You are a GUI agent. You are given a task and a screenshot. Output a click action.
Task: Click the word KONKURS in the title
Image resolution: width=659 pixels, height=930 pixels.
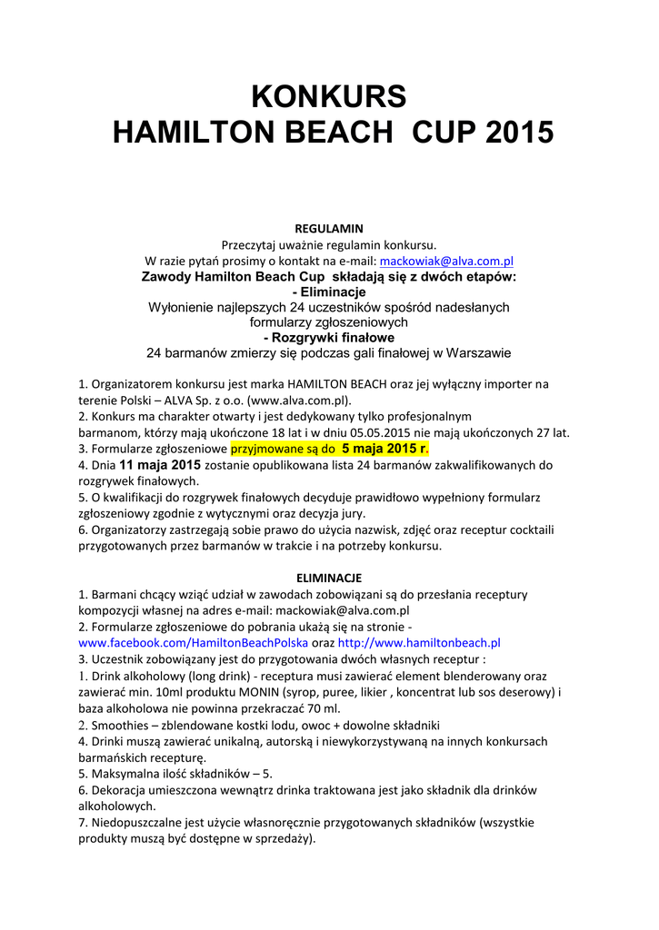tap(329, 95)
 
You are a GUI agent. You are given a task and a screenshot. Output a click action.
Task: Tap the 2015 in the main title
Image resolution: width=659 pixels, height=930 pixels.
tap(519, 133)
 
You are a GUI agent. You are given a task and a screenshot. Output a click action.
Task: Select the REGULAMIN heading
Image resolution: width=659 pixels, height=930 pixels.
tap(329, 228)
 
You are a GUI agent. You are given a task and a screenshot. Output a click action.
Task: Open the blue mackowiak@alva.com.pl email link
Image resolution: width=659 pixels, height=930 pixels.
tap(446, 261)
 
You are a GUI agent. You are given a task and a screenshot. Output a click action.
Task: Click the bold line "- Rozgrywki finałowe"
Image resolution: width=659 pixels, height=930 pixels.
tap(329, 337)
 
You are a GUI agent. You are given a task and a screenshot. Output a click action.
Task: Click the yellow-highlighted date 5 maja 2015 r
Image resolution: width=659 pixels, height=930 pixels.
tap(383, 449)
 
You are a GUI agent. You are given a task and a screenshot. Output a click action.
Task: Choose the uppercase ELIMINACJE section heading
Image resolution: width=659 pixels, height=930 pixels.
tap(329, 578)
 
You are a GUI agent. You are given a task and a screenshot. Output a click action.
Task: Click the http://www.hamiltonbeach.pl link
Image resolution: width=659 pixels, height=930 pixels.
tap(419, 642)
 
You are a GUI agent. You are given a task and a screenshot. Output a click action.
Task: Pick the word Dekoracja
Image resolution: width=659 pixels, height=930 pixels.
tap(120, 790)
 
